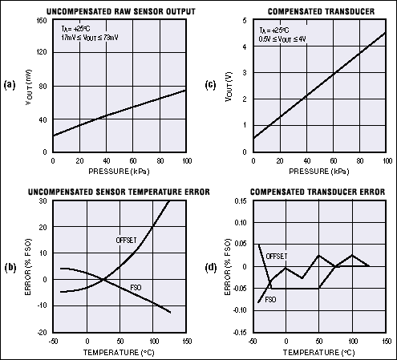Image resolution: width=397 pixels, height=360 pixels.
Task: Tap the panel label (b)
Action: coord(10,265)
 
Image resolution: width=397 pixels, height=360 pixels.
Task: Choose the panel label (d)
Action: coord(210,265)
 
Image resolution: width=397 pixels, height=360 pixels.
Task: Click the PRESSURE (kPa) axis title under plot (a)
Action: coord(120,172)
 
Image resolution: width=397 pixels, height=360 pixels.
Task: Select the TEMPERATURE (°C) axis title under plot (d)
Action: coord(321,352)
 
